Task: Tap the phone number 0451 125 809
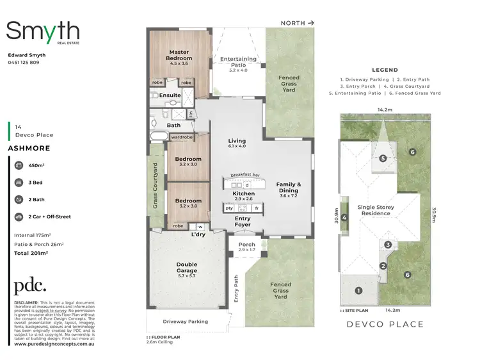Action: point(23,62)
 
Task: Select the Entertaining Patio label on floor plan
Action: point(238,61)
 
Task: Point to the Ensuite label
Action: point(170,95)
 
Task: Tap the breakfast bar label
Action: point(244,175)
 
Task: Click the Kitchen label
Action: point(243,193)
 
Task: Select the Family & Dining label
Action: point(288,188)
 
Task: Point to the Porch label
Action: point(246,245)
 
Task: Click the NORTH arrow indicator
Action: point(298,23)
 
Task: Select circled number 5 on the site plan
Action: point(383,158)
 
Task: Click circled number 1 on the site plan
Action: point(358,291)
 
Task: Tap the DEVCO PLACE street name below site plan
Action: point(385,324)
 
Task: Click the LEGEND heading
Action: point(385,70)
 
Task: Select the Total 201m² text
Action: point(31,254)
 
